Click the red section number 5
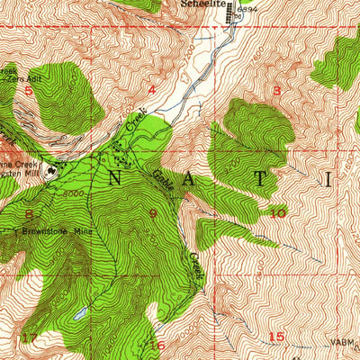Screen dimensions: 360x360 28,90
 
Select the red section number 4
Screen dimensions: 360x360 151,90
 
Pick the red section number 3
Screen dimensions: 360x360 275,90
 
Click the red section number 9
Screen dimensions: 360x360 153,214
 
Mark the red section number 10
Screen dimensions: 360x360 277,213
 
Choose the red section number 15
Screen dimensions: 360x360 275,336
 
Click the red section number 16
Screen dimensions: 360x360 157,345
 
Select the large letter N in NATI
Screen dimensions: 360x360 115,178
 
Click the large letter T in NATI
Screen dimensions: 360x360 259,178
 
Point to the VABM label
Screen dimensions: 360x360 342,342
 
